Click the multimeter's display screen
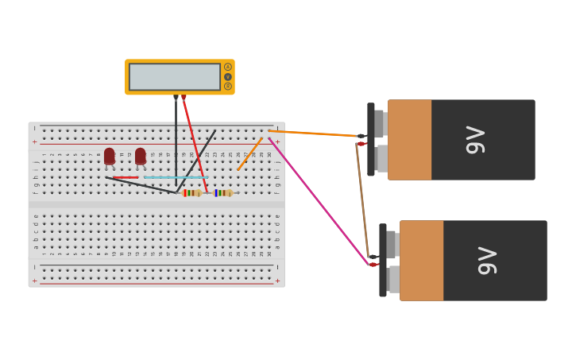(x=174, y=77)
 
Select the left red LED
(x=110, y=156)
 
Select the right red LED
(x=141, y=156)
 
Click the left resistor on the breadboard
(x=191, y=192)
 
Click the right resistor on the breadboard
(x=223, y=192)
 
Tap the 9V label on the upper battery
(x=475, y=140)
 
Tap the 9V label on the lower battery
(x=487, y=261)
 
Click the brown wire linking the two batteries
(x=362, y=203)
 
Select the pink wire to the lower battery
(x=318, y=199)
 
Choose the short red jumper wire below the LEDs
(x=126, y=177)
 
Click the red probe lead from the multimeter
(x=195, y=143)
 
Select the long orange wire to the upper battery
(x=314, y=134)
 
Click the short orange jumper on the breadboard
(x=249, y=153)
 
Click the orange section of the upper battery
(x=409, y=140)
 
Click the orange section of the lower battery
(x=421, y=261)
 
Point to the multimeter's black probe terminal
(x=176, y=97)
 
